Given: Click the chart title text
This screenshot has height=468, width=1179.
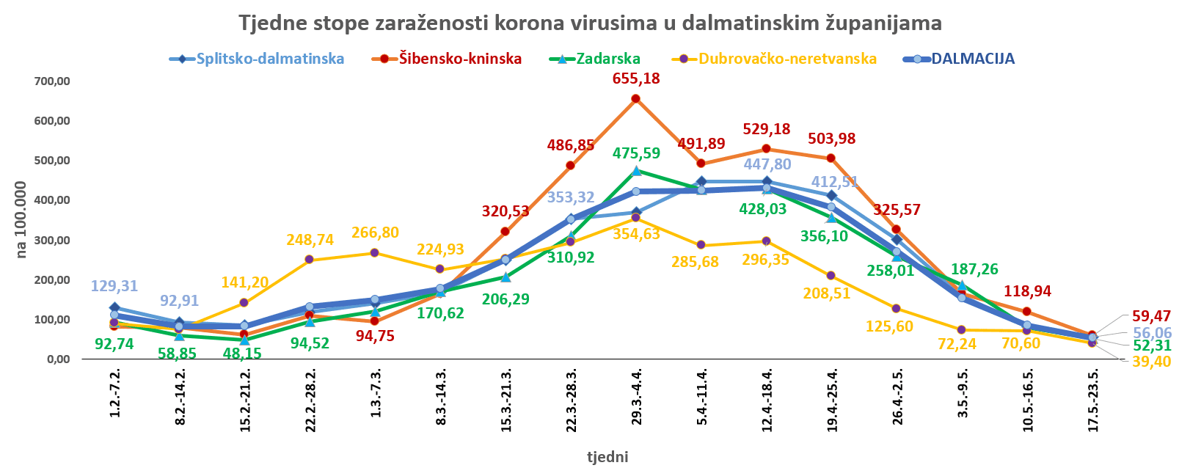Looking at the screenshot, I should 590,23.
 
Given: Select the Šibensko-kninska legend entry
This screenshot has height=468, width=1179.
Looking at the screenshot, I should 460,59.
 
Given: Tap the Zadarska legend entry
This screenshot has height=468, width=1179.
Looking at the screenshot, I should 608,59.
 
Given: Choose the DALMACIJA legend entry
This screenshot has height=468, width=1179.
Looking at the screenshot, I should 973,59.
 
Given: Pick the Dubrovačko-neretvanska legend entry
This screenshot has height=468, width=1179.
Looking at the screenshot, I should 787,59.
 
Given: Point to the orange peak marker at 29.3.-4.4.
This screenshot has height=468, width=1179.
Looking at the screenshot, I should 635,99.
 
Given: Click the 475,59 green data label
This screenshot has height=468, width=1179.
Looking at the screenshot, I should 635,153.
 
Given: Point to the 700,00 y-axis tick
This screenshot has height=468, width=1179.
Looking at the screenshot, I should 51,81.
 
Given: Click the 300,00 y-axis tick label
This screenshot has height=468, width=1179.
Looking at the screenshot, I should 51,241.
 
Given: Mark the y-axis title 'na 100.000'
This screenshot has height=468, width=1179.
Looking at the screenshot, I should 22,219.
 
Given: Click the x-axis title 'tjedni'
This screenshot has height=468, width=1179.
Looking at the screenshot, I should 607,457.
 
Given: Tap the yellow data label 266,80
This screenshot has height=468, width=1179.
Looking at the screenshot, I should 374,233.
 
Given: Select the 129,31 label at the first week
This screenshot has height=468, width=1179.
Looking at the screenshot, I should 114,287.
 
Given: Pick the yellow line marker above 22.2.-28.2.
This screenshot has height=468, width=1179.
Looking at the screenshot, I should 309,260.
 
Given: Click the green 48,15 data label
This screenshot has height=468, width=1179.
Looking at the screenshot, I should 243,353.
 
